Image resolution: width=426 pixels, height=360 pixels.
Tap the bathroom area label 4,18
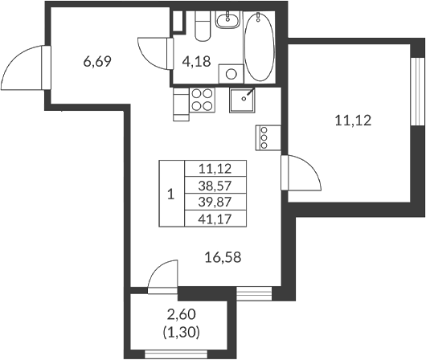[197, 61]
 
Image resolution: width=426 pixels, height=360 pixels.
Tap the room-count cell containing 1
[170, 194]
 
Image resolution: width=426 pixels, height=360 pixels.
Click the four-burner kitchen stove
[202, 101]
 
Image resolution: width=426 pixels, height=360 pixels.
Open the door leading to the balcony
[163, 277]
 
